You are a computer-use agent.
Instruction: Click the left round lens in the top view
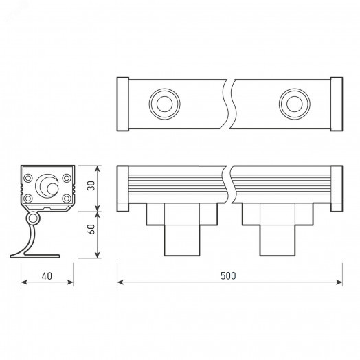[164, 104]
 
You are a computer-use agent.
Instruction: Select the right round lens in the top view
[293, 104]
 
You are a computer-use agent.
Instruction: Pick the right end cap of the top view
[336, 104]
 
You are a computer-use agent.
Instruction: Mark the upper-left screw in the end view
[27, 179]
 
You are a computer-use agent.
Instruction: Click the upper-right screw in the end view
[66, 179]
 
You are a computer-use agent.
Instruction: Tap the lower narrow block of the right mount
[277, 240]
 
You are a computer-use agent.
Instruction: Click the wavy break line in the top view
[228, 104]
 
